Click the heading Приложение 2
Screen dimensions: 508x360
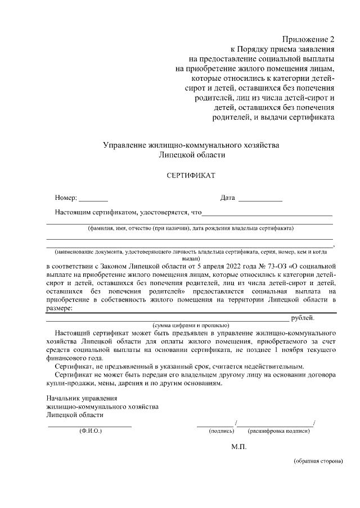308,40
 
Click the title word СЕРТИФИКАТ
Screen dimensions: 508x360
191,175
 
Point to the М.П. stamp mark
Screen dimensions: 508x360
238,447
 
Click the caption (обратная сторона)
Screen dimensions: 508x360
318,461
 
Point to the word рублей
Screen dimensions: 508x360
303,318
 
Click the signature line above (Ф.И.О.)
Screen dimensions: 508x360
90,426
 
